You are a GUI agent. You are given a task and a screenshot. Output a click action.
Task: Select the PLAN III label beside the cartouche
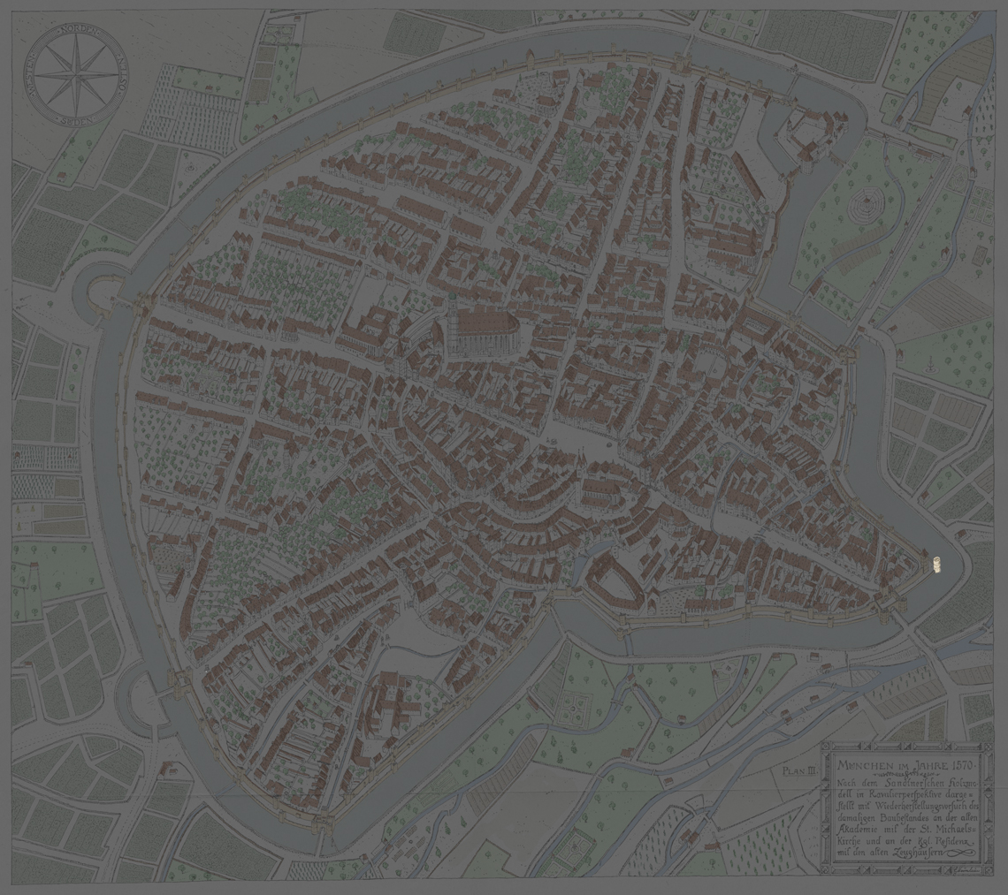click(798, 770)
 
